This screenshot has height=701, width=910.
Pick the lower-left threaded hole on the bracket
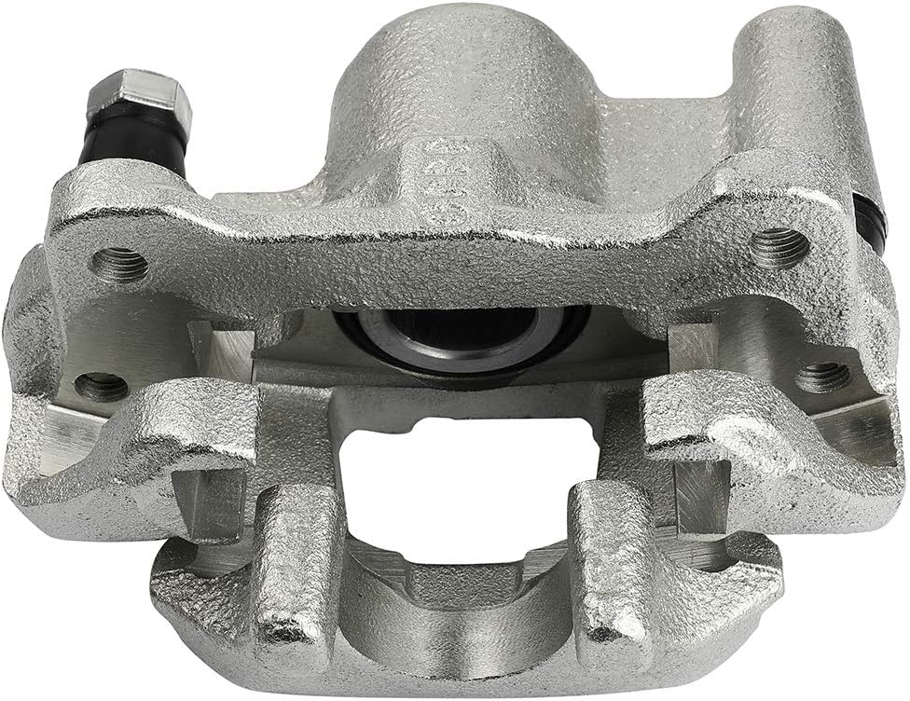point(101,384)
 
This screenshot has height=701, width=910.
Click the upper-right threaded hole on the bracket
point(779,248)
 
